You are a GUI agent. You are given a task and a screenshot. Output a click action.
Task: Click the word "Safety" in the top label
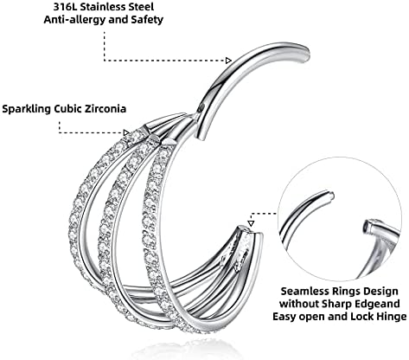(148, 20)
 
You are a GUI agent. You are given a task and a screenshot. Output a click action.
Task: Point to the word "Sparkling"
(28, 109)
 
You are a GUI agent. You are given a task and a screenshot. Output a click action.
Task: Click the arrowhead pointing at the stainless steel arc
(228, 61)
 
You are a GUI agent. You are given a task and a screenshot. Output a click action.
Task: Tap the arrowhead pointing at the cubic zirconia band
(126, 132)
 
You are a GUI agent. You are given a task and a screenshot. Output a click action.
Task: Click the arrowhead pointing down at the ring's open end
(251, 223)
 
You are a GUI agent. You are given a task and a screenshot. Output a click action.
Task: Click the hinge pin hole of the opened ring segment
(201, 108)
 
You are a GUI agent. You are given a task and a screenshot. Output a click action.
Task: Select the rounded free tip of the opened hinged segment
(305, 55)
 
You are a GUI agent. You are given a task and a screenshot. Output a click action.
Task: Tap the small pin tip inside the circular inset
(331, 196)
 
